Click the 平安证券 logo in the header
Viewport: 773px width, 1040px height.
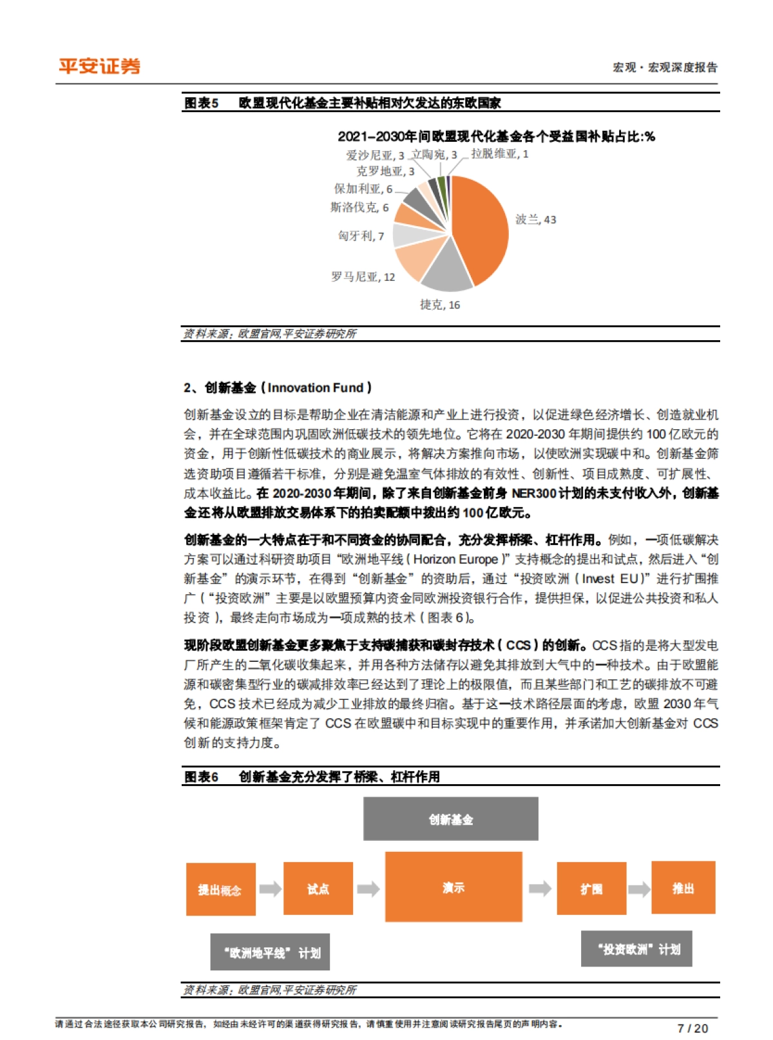(99, 66)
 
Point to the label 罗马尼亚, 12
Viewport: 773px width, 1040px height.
(363, 277)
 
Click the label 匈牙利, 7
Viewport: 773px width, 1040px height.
(361, 236)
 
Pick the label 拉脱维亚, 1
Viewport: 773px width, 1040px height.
(499, 154)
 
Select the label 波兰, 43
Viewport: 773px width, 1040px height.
(535, 220)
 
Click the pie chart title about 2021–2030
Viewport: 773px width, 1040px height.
(496, 136)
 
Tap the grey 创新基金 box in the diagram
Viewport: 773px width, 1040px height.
(450, 819)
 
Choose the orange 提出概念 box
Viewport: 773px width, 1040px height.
(220, 889)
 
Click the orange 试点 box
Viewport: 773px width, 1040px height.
(318, 889)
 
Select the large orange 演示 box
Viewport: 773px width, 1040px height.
(453, 888)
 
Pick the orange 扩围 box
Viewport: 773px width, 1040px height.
(591, 889)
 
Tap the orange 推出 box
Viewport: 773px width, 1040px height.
(683, 888)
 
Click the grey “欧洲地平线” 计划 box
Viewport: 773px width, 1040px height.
(270, 952)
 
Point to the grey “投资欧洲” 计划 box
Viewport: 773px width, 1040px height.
(636, 949)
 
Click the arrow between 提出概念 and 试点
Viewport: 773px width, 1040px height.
(270, 889)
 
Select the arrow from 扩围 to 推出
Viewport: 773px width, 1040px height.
(639, 889)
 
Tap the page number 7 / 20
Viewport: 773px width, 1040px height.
(692, 1028)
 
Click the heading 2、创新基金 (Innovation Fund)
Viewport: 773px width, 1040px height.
(278, 388)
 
